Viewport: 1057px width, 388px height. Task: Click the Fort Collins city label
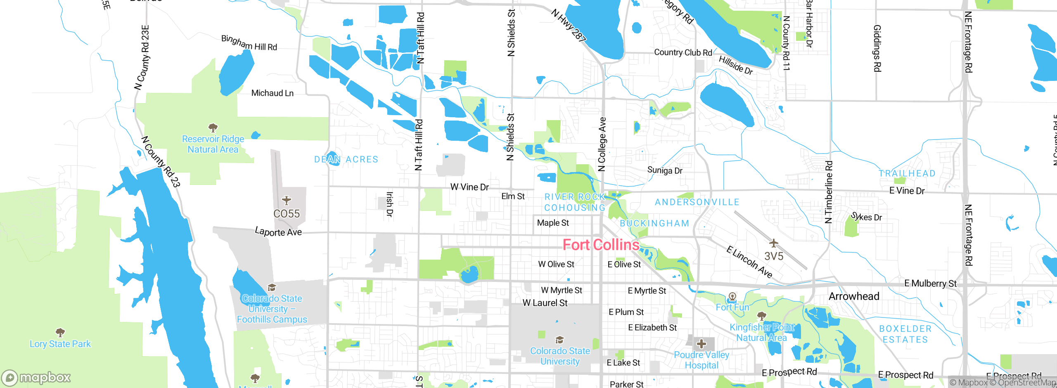[x=601, y=245]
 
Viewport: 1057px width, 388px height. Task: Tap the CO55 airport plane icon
[x=287, y=201]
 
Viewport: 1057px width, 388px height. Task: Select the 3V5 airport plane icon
[x=773, y=243]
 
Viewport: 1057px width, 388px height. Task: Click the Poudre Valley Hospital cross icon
[x=701, y=343]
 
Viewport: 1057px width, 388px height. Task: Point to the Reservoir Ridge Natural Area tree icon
[x=213, y=128]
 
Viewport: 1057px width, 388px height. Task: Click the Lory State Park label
[x=60, y=344]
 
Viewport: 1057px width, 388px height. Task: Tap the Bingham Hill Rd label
[x=249, y=43]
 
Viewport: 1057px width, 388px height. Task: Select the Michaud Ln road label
[x=273, y=93]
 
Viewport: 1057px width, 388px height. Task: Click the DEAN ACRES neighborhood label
[x=346, y=159]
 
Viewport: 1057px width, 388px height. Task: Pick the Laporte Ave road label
[x=278, y=232]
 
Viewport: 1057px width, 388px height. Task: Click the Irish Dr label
[x=389, y=204]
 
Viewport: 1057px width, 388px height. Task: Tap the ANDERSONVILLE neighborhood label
[x=697, y=202]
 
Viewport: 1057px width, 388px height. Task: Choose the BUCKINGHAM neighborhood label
[x=654, y=223]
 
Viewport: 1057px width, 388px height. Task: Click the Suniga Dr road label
[x=665, y=170]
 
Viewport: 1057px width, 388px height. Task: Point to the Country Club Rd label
[x=683, y=52]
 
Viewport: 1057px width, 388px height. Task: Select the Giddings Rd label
[x=877, y=48]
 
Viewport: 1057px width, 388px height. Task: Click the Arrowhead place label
[x=854, y=296]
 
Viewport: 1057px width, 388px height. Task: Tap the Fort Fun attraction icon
[x=732, y=296]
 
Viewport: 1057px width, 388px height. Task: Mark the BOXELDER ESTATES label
[x=905, y=334]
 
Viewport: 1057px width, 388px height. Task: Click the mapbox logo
[x=36, y=378]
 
